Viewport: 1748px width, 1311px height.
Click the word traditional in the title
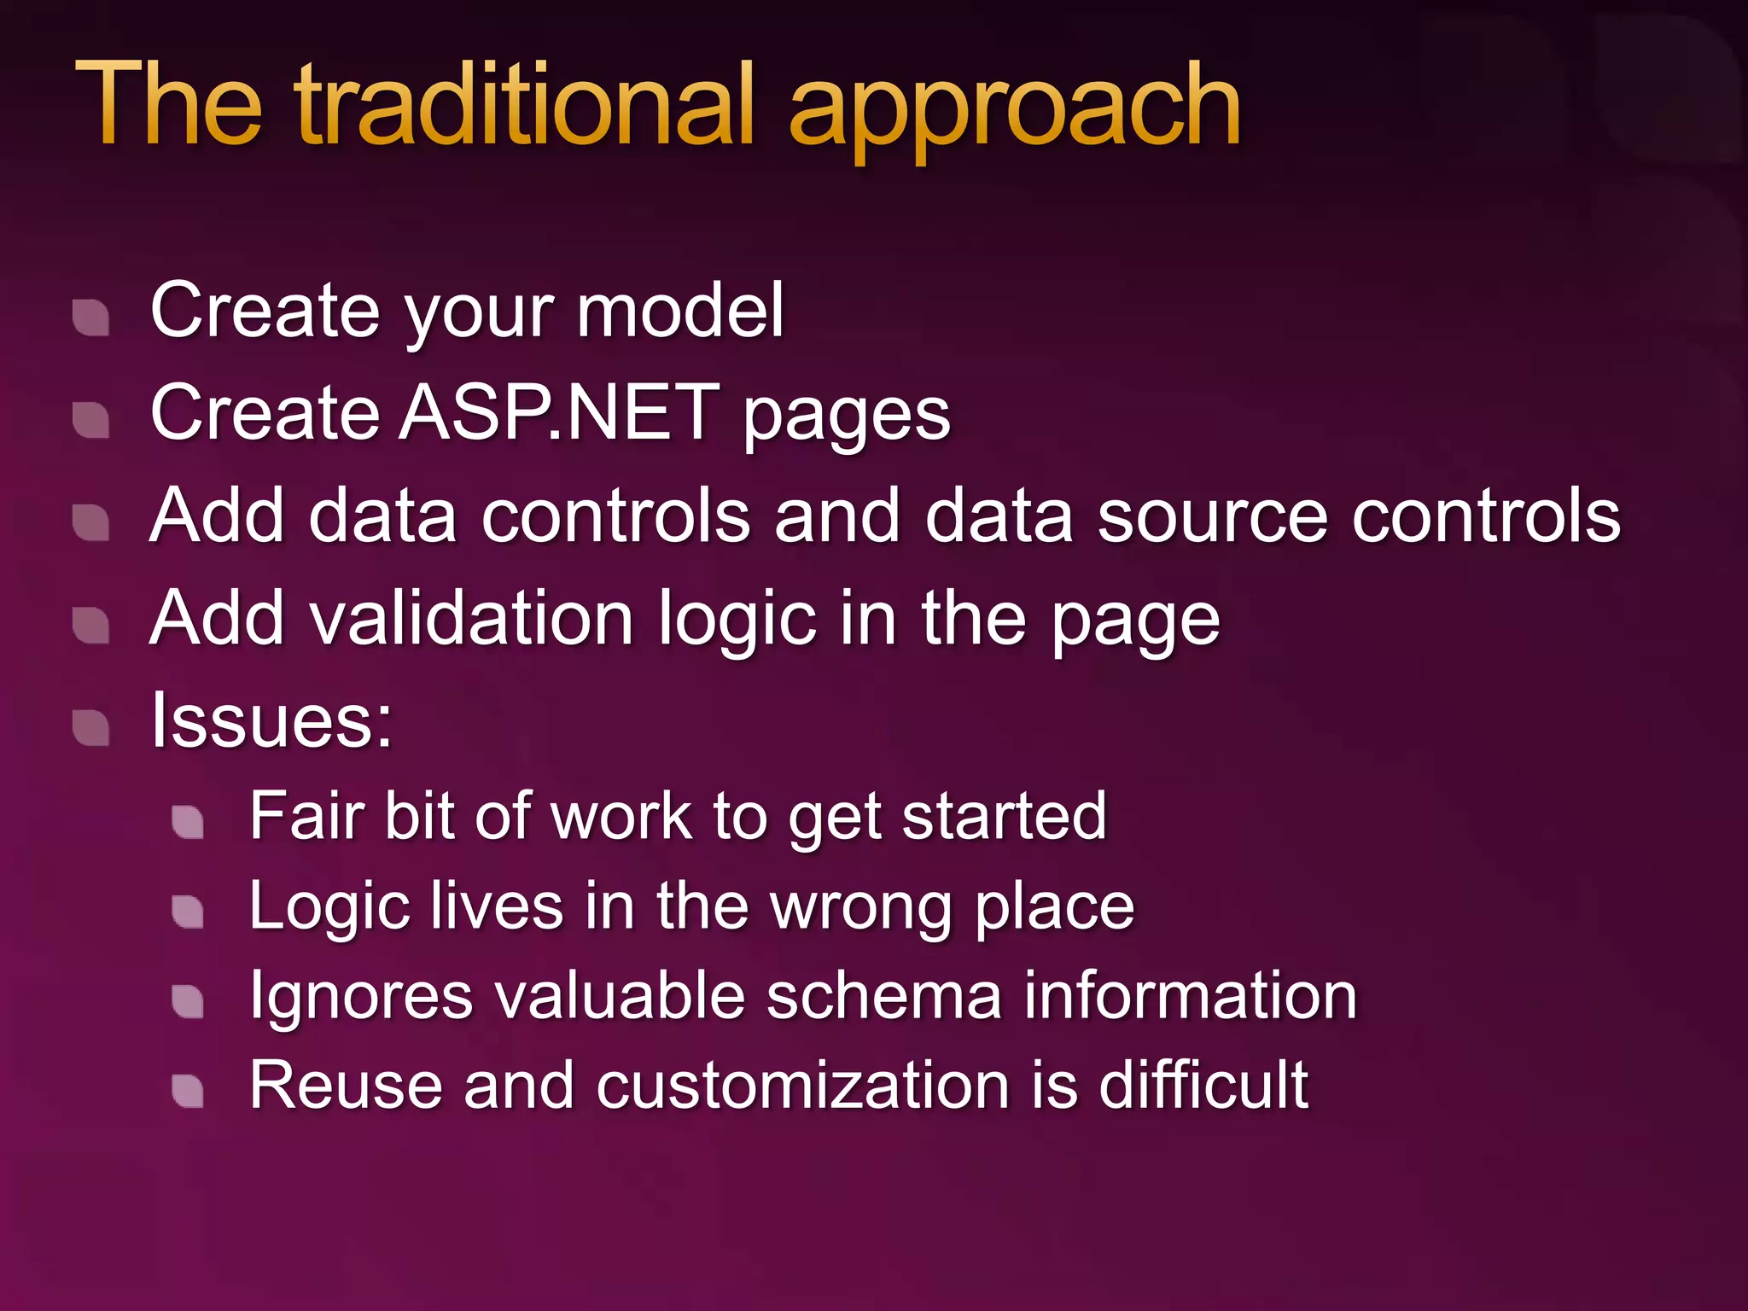pyautogui.click(x=524, y=106)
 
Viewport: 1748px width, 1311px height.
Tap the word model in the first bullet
pyautogui.click(x=680, y=311)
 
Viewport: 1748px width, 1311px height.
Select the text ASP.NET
pyautogui.click(x=560, y=413)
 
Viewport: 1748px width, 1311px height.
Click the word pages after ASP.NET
pyautogui.click(x=846, y=418)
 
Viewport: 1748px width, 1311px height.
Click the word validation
pyautogui.click(x=475, y=619)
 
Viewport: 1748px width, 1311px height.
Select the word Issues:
pyautogui.click(x=271, y=721)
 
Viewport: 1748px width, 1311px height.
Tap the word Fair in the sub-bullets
pyautogui.click(x=306, y=816)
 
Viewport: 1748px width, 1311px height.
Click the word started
pyautogui.click(x=1004, y=816)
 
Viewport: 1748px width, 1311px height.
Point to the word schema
pyautogui.click(x=883, y=996)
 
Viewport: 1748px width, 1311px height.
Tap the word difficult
pyautogui.click(x=1203, y=1085)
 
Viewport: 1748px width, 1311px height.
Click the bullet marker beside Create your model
pyautogui.click(x=90, y=318)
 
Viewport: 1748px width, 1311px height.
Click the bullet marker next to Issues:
pyautogui.click(x=90, y=728)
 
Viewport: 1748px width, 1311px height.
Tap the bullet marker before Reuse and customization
pyautogui.click(x=188, y=1091)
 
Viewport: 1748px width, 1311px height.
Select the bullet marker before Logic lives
pyautogui.click(x=188, y=912)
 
